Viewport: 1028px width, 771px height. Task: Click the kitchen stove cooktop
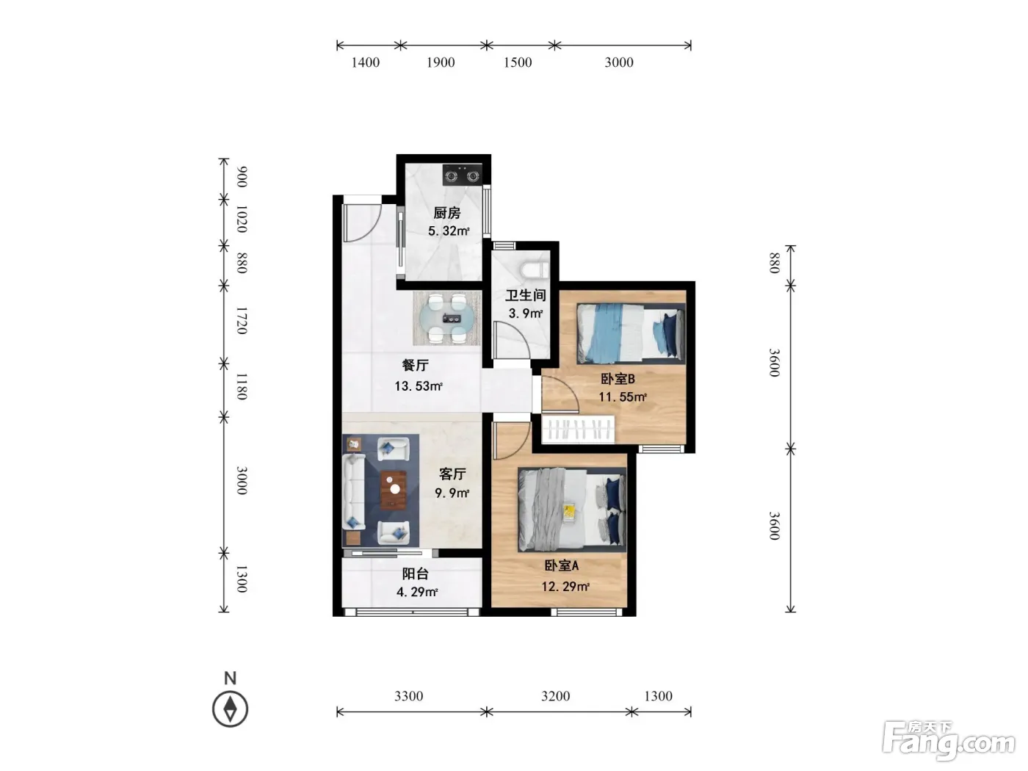(x=462, y=175)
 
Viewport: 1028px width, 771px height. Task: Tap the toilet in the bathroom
(x=535, y=269)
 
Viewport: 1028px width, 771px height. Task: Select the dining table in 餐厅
(x=446, y=318)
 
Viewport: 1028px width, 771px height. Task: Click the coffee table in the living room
(x=393, y=490)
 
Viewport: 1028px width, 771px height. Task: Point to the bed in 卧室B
(x=630, y=333)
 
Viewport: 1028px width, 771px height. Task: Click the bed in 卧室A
(x=572, y=509)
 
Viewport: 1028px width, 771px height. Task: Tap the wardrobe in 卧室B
(x=578, y=428)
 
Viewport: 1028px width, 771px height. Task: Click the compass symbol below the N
(x=230, y=709)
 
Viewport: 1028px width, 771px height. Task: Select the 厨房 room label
(x=446, y=213)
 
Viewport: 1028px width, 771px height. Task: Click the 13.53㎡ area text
(x=419, y=385)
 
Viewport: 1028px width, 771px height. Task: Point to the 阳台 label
(x=415, y=574)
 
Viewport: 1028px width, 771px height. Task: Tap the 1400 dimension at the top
(x=365, y=62)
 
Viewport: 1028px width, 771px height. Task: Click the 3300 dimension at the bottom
(x=408, y=696)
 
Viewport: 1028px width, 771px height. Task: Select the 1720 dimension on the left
(x=241, y=320)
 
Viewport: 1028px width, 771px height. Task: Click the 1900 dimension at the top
(x=441, y=62)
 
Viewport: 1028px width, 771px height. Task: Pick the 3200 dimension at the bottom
(x=555, y=696)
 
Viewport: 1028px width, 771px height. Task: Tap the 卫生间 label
(x=526, y=295)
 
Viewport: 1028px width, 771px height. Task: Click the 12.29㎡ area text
(x=565, y=586)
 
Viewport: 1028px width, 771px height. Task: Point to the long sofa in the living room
(x=354, y=491)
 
